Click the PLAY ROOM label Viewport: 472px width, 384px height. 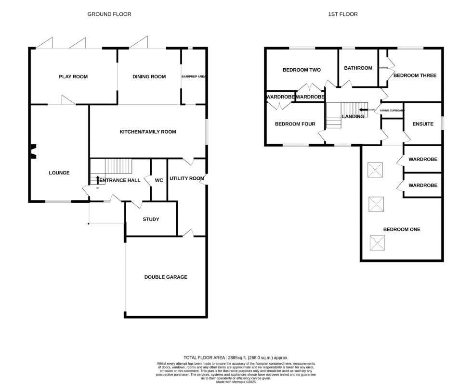pos(73,76)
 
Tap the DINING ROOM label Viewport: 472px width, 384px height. pos(149,76)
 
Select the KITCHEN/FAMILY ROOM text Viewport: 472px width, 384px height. pos(148,132)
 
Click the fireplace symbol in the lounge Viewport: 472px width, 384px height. pos(34,151)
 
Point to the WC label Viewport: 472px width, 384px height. pos(159,180)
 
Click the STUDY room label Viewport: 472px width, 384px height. pos(151,219)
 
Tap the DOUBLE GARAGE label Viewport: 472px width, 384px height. pos(166,277)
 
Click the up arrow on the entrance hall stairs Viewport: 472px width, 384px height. pos(98,180)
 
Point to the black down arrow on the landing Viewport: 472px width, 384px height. pos(363,110)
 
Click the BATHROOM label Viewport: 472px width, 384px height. pos(358,68)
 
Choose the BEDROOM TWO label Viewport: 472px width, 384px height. pos(302,70)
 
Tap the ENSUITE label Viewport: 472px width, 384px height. pos(423,124)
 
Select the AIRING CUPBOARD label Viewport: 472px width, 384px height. pos(392,110)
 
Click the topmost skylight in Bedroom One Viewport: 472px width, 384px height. pos(375,169)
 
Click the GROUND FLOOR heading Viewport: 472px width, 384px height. pos(109,14)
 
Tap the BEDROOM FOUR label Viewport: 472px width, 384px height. pos(295,124)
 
